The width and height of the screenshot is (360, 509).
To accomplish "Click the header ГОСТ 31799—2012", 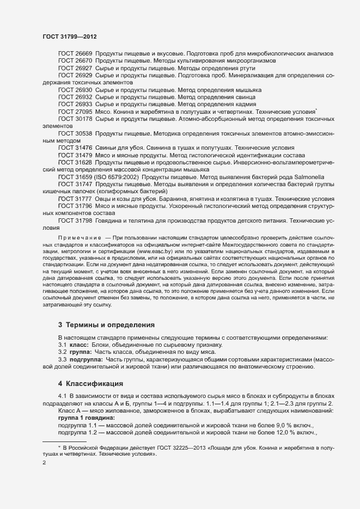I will (70, 36).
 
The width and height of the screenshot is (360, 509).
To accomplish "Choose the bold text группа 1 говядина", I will (82, 417).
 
